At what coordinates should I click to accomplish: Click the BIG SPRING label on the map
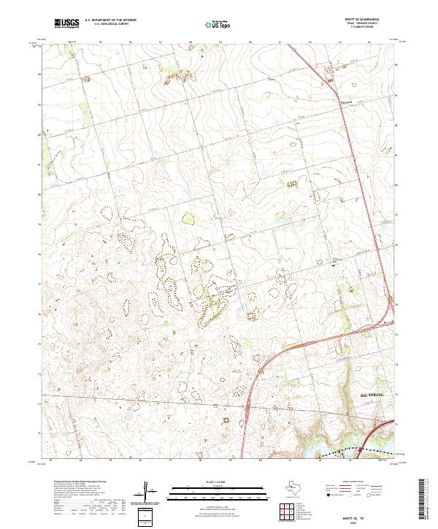[372, 395]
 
